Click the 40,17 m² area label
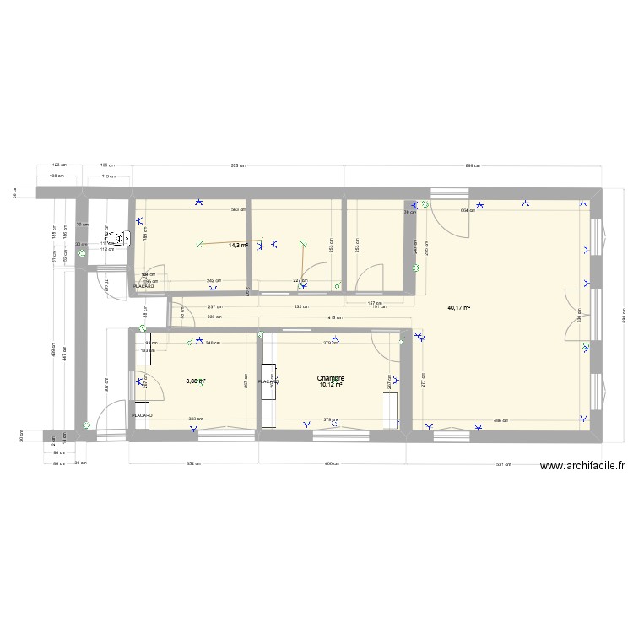click(x=458, y=307)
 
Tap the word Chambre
click(x=331, y=379)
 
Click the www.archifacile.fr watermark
click(x=582, y=466)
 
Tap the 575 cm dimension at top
click(x=237, y=165)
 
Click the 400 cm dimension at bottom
click(x=335, y=463)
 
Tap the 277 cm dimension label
click(x=424, y=379)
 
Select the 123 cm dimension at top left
click(x=58, y=165)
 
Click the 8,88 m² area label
click(x=196, y=381)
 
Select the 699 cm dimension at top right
click(x=472, y=165)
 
